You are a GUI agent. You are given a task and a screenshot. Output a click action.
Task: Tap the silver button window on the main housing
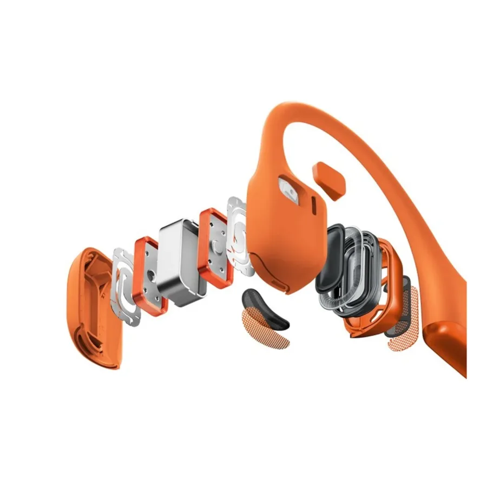[x=288, y=189]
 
